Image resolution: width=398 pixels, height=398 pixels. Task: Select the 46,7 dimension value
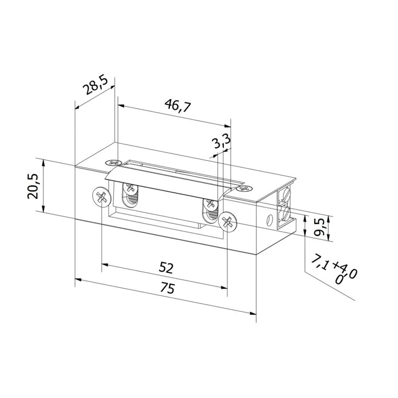(x=178, y=105)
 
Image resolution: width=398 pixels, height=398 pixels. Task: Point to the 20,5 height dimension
(x=33, y=186)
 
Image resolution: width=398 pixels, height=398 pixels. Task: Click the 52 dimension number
(x=166, y=268)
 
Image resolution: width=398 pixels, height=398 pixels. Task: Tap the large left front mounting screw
(x=101, y=197)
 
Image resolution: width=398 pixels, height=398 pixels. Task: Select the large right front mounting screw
(x=227, y=222)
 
